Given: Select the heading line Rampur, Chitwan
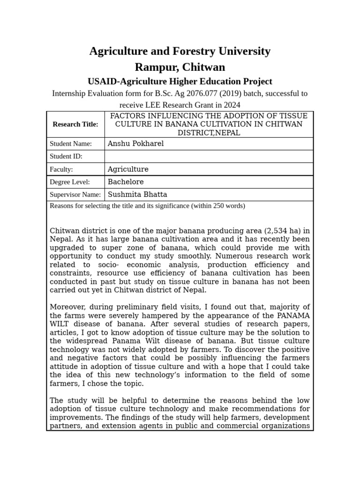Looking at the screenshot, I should pos(180,67).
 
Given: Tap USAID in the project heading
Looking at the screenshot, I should pos(103,82).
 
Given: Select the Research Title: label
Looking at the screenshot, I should pos(75,124).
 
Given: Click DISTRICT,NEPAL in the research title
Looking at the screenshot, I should pos(209,133).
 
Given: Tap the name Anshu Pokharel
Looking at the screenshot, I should pos(135,144).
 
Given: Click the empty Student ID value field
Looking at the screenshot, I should pos(209,157).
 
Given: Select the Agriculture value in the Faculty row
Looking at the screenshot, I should pos(128,169).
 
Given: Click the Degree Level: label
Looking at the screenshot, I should pos(70,182).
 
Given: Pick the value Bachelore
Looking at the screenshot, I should pos(126,182).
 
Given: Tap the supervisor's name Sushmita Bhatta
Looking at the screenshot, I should pos(137,195).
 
